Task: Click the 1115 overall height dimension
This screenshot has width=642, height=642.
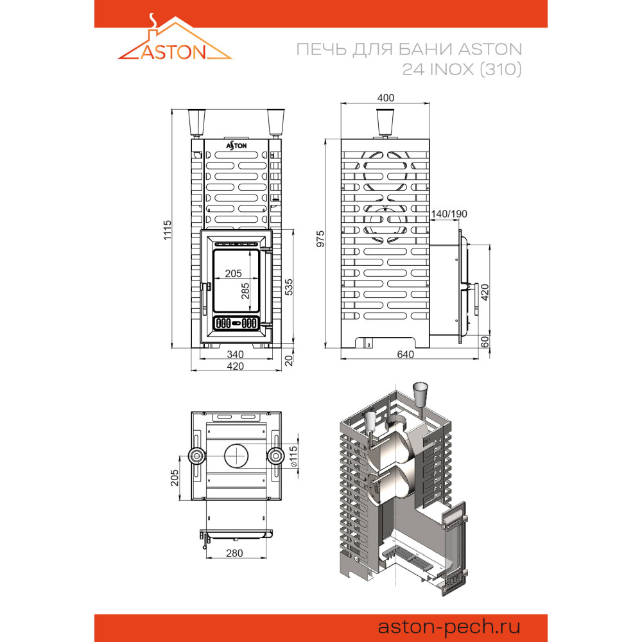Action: (x=168, y=230)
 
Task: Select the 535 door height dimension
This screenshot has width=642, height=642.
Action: (x=289, y=286)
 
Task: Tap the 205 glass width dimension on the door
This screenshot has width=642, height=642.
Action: (x=234, y=273)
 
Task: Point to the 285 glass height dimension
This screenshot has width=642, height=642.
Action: (x=245, y=291)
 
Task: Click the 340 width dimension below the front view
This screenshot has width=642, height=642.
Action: (x=236, y=354)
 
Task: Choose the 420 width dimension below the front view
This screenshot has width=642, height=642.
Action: (x=236, y=366)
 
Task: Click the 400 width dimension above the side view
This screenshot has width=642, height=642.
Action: (x=386, y=98)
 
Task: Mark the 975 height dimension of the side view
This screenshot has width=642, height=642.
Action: (x=320, y=239)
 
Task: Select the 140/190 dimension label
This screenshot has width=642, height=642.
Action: (x=449, y=214)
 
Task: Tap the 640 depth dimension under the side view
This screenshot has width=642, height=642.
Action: (x=405, y=354)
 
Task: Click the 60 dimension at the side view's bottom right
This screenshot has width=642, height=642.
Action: (x=485, y=342)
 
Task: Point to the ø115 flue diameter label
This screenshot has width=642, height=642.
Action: (x=293, y=456)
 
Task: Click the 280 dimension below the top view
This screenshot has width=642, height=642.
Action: (x=234, y=553)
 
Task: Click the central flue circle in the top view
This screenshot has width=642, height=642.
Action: (x=236, y=456)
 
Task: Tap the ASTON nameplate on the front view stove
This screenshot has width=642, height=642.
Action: (x=236, y=146)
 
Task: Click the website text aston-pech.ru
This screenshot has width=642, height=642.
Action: (x=449, y=627)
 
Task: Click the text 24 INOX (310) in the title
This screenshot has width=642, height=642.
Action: (x=462, y=69)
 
